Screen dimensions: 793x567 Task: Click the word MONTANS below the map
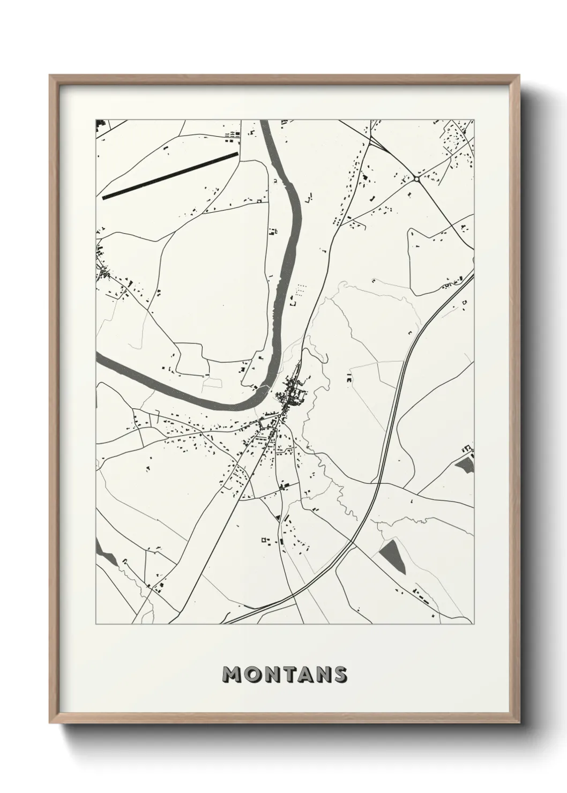(285, 675)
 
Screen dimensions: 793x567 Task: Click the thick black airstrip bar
(170, 176)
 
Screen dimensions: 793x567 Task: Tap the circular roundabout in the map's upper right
(416, 179)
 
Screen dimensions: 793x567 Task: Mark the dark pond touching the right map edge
(465, 465)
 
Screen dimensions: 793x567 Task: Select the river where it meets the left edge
(99, 361)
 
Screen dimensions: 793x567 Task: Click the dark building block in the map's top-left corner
(99, 125)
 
